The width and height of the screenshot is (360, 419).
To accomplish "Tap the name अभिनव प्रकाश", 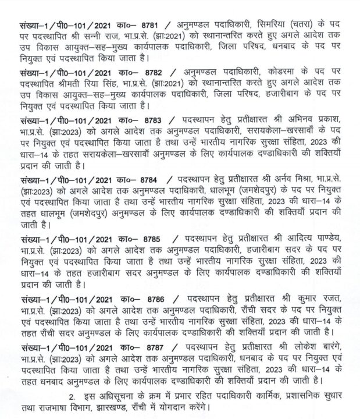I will [x=315, y=120].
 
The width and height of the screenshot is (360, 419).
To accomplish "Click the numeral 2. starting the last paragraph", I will [x=72, y=397].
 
